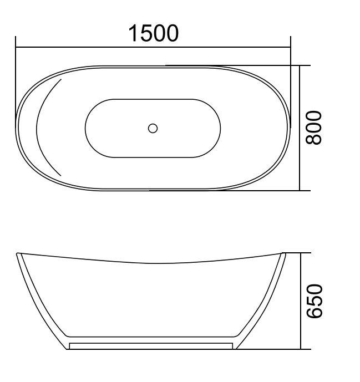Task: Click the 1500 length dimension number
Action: (x=154, y=33)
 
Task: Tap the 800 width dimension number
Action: (x=315, y=128)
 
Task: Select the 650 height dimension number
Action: (x=315, y=301)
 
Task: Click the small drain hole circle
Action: (x=153, y=128)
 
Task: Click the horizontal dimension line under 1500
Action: (x=153, y=48)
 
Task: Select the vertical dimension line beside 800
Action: (x=300, y=128)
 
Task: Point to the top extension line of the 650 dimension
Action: (x=297, y=253)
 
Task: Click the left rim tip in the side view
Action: (x=19, y=254)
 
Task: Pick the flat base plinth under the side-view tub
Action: (x=151, y=345)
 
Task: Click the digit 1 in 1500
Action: (x=134, y=33)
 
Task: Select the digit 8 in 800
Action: (x=315, y=139)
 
